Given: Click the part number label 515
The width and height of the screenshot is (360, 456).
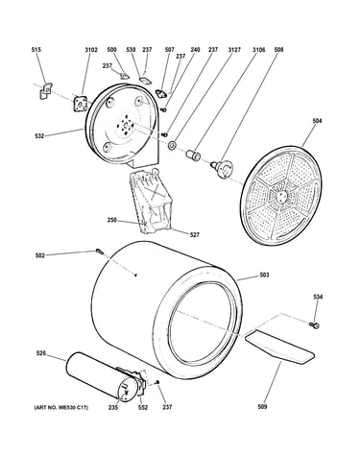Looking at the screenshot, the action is (x=36, y=50).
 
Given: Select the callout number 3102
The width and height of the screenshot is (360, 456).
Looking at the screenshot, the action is (x=91, y=50).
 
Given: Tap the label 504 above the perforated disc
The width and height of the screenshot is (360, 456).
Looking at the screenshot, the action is (x=317, y=121).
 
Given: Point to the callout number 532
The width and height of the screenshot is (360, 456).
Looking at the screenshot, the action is (x=39, y=136).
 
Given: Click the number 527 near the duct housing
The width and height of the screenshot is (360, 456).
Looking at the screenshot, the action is (x=195, y=235).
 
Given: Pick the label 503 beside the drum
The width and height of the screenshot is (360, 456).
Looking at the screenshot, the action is (x=264, y=275).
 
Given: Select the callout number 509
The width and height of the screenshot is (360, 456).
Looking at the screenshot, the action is (x=262, y=407).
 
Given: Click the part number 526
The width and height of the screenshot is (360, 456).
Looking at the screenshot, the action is (x=40, y=353).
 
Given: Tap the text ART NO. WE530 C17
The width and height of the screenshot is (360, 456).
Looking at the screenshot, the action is (x=61, y=407).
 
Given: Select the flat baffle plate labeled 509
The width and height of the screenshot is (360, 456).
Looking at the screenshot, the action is (x=279, y=348).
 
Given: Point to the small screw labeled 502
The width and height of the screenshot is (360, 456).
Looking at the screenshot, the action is (x=99, y=252).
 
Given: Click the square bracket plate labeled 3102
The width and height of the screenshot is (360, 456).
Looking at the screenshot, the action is (x=80, y=104).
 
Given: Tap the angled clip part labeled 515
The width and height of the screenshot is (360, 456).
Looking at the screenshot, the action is (x=46, y=90).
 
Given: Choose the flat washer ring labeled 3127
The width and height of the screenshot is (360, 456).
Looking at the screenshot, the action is (x=173, y=146).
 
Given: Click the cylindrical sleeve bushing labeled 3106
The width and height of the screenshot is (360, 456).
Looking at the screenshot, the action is (x=193, y=154).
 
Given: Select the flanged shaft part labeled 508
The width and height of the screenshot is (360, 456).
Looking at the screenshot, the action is (x=222, y=167).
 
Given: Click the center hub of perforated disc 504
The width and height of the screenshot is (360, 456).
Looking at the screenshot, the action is (x=281, y=197).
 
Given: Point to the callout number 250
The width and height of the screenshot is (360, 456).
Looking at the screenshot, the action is (x=112, y=220).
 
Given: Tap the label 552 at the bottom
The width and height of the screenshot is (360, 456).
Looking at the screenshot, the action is (x=143, y=407).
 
